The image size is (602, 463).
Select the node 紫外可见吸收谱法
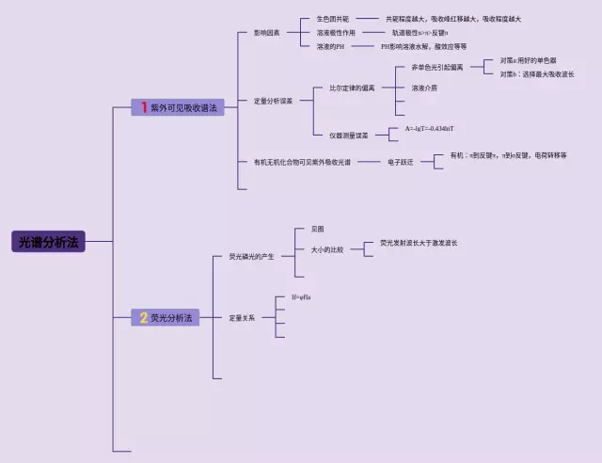(183, 108)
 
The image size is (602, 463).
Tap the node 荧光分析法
(170, 318)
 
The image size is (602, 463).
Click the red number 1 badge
(144, 108)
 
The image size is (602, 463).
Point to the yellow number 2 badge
(143, 318)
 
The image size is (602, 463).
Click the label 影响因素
(266, 32)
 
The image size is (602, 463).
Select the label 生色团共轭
(332, 19)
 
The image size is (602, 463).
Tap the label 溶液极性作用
(336, 32)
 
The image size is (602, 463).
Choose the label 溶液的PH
(330, 46)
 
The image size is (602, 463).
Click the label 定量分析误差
(273, 100)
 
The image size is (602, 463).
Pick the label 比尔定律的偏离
(352, 88)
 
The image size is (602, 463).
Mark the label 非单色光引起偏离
(437, 68)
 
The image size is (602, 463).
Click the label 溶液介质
(424, 88)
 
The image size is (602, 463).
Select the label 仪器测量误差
(349, 136)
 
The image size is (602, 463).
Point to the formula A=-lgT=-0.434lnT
(430, 128)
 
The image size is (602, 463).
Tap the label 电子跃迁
(400, 163)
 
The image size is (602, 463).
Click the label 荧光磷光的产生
(251, 256)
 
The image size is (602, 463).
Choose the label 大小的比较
(327, 249)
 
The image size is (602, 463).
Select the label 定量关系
(242, 318)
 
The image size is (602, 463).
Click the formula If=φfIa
(301, 297)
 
